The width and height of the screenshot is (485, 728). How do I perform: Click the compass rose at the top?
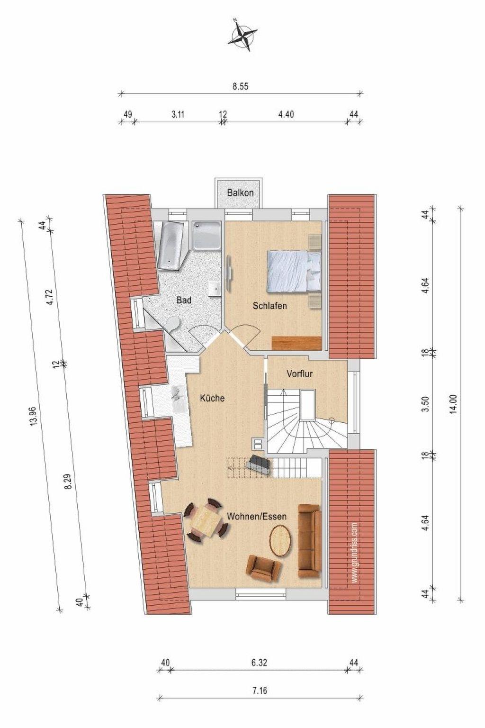pyautogui.click(x=243, y=35)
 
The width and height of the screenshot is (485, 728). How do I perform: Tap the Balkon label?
pyautogui.click(x=241, y=192)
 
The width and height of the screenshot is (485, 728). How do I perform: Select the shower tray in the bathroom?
pyautogui.click(x=207, y=236)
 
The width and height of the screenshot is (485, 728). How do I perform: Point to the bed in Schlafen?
pyautogui.click(x=294, y=270)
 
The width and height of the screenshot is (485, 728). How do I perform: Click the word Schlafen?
pyautogui.click(x=270, y=306)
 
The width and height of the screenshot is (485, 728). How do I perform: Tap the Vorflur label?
pyautogui.click(x=299, y=374)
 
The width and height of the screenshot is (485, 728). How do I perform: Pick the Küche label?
pyautogui.click(x=212, y=398)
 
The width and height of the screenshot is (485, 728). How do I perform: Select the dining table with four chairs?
pyautogui.click(x=205, y=522)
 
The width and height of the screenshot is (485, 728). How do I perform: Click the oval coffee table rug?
pyautogui.click(x=281, y=540)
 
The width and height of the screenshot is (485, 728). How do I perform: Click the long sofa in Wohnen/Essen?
pyautogui.click(x=309, y=541)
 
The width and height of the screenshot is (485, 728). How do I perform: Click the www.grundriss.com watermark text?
pyautogui.click(x=354, y=553)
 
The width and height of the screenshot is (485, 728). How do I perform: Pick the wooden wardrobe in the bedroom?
pyautogui.click(x=296, y=343)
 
